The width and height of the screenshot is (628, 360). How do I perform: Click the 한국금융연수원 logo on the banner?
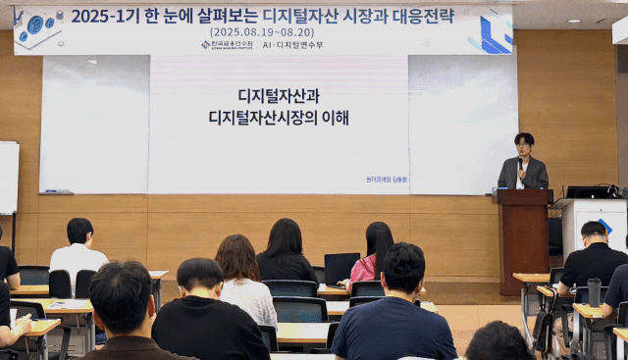pos(227,44)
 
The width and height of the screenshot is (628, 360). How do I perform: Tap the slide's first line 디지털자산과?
pos(279,96)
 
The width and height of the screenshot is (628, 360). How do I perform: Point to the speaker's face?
pos(524,144)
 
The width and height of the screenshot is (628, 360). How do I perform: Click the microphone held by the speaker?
pos(519,162)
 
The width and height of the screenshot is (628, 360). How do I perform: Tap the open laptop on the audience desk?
pos(341,267)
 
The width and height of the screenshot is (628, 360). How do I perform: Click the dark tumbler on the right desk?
pos(594,291)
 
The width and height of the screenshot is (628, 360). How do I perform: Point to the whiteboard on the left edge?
pos(8,177)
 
